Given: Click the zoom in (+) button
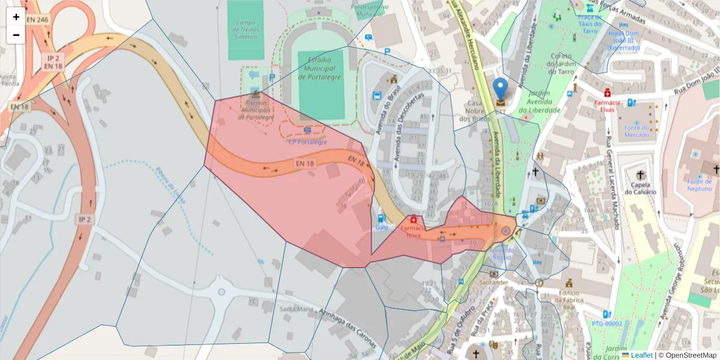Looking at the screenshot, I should (x=16, y=17).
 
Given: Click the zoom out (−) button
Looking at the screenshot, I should (x=16, y=35).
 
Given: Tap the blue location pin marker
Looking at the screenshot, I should (x=500, y=90).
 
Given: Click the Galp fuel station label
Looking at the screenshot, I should (x=382, y=227).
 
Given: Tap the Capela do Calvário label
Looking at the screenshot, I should (x=640, y=188).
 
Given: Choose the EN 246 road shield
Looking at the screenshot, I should (x=37, y=19).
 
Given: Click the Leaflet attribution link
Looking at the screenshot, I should (x=641, y=355).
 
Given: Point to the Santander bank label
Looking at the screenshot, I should (x=494, y=283).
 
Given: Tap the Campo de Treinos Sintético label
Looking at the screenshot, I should (x=245, y=29).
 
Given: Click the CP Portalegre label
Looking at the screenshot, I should (x=307, y=142).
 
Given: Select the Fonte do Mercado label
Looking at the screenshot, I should (x=637, y=131).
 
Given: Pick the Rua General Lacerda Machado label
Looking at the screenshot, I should (x=612, y=183).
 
